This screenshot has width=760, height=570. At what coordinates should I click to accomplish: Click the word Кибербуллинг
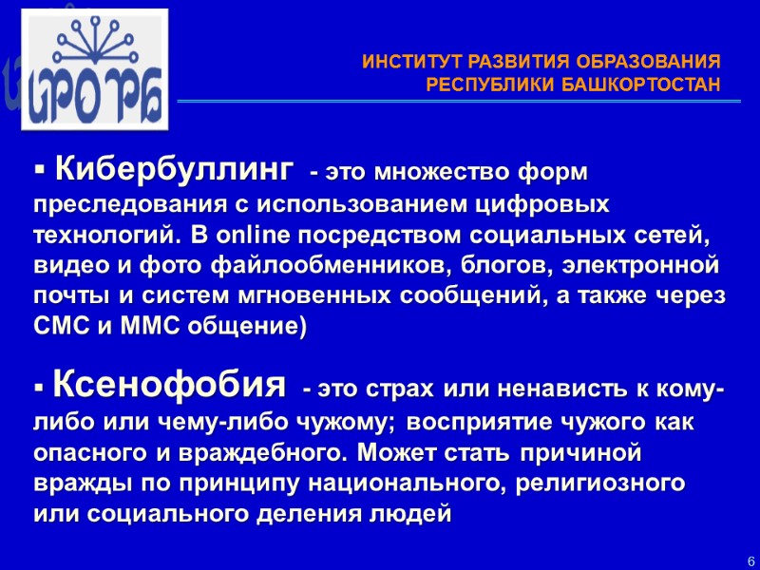point(174,171)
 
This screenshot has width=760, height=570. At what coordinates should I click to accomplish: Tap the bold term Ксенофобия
point(170,386)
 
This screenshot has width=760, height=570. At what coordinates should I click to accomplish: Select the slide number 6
point(750,559)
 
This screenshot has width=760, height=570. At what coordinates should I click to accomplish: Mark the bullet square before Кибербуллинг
point(40,172)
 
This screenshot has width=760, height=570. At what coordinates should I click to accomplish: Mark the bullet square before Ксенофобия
point(40,389)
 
